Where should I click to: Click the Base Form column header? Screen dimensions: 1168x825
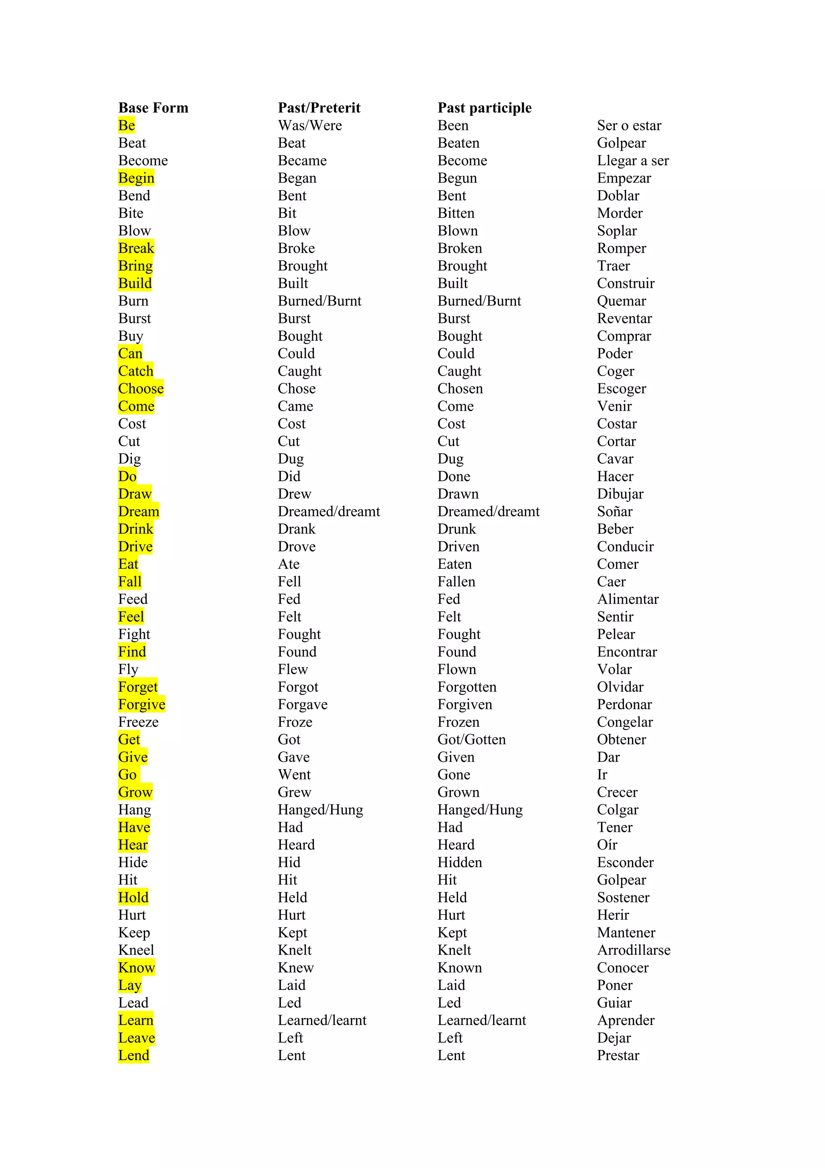click(x=153, y=108)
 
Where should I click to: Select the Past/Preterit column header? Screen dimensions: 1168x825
click(x=319, y=108)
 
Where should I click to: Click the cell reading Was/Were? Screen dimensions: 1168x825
click(x=309, y=126)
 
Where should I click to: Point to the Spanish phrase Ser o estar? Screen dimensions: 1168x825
click(x=629, y=126)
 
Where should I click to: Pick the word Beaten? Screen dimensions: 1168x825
click(x=458, y=143)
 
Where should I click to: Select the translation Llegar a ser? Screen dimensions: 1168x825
click(x=632, y=161)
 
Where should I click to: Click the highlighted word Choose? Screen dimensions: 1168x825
click(x=141, y=389)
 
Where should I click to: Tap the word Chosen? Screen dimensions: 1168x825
click(x=460, y=389)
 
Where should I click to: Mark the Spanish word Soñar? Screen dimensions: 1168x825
click(x=615, y=511)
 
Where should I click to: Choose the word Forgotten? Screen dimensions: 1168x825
click(x=466, y=687)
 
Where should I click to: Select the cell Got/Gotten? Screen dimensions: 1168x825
click(x=471, y=740)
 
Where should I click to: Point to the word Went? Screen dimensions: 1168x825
click(x=294, y=775)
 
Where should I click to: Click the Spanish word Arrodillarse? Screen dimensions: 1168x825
click(x=633, y=950)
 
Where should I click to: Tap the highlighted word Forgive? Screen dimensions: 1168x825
click(x=141, y=705)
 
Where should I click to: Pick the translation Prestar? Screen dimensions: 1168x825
click(x=618, y=1055)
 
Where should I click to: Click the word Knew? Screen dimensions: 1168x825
click(x=295, y=968)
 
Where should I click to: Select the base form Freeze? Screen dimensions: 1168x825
click(x=138, y=722)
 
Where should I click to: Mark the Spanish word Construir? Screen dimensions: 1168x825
click(x=625, y=283)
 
